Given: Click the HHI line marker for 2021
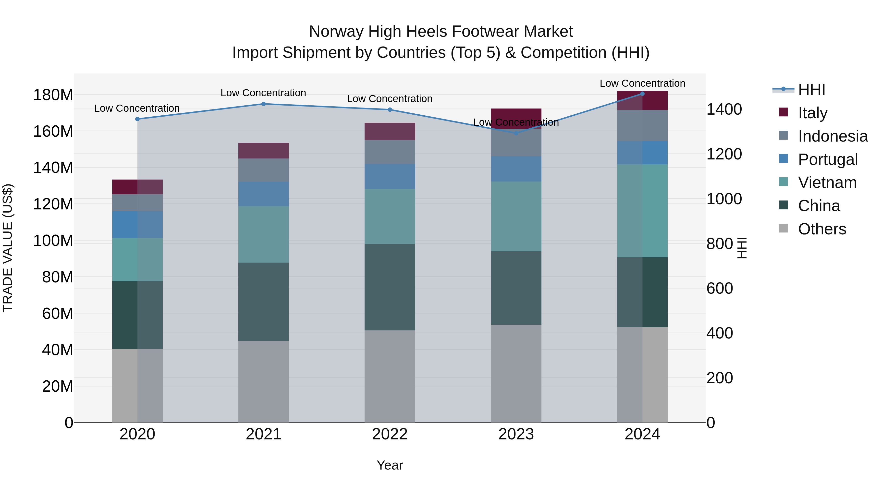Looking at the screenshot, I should click(x=264, y=104).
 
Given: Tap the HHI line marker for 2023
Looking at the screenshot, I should click(x=516, y=133).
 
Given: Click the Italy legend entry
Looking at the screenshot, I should click(x=812, y=113).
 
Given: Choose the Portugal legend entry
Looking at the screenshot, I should click(x=828, y=159).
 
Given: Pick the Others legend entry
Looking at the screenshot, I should click(x=822, y=229).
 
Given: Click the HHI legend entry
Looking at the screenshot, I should click(x=811, y=90).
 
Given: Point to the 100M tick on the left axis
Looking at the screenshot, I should click(x=53, y=241).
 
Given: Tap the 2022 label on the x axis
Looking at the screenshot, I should click(x=390, y=434).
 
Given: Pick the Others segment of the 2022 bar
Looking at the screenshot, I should click(x=390, y=376).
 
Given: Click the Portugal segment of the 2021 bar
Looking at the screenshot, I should click(x=264, y=194).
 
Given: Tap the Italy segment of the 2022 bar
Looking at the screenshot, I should click(x=390, y=132).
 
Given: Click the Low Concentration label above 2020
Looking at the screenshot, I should click(x=137, y=109).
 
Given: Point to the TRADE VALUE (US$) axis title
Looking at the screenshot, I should click(x=8, y=248).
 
